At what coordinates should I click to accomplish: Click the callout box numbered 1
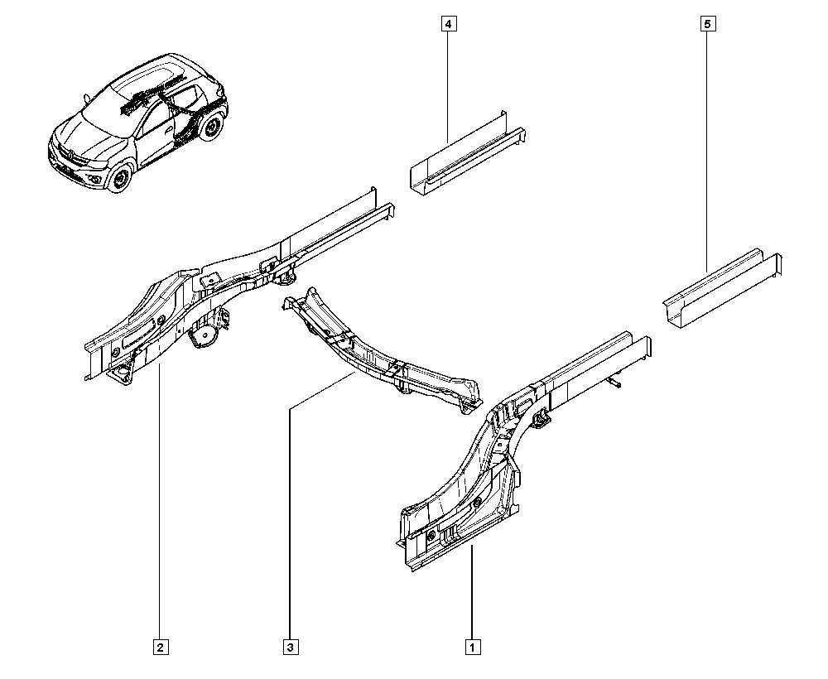pyautogui.click(x=472, y=647)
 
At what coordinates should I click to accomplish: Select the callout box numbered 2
pyautogui.click(x=160, y=647)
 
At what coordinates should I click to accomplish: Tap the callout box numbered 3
pyautogui.click(x=290, y=647)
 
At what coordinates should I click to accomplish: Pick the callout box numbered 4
pyautogui.click(x=448, y=25)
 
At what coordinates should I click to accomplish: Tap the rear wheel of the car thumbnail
pyautogui.click(x=213, y=127)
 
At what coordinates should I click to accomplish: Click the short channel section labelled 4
pyautogui.click(x=468, y=153)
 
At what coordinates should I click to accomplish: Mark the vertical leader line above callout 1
pyautogui.click(x=472, y=592)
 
